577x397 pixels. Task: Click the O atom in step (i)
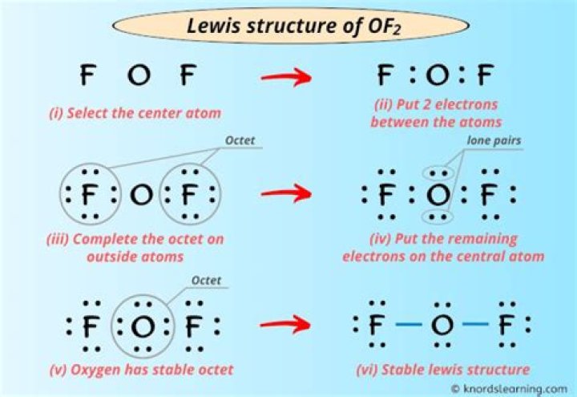point(138,76)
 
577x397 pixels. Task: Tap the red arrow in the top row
point(285,78)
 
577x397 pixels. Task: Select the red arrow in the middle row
point(285,194)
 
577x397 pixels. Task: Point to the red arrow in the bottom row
point(285,325)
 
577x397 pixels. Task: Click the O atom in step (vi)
point(442,326)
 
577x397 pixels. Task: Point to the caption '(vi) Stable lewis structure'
point(442,370)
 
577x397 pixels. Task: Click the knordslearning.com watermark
point(510,388)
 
